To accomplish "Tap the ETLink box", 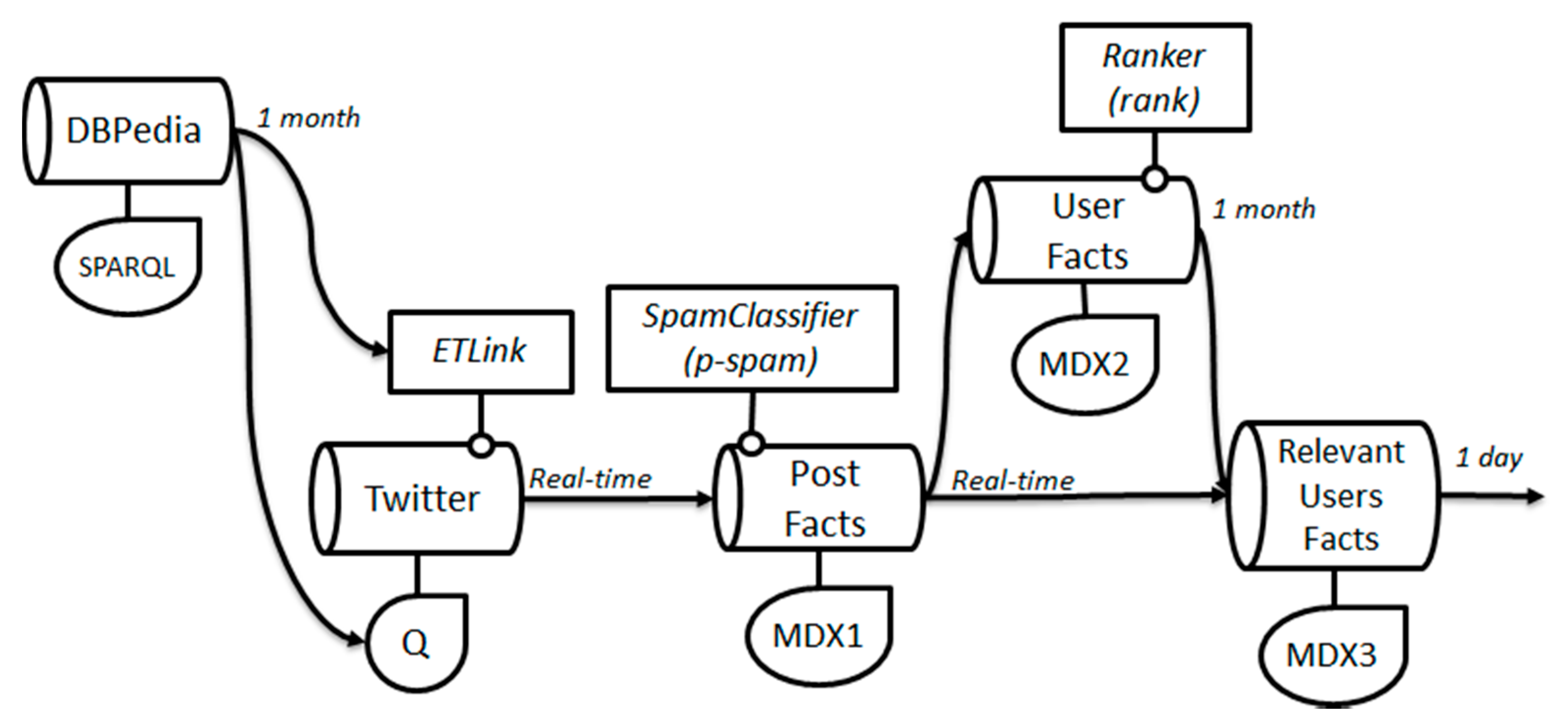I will (480, 352).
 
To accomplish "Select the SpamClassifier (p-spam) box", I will (752, 339).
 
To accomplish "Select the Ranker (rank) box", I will (1155, 77).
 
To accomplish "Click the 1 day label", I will (1489, 458).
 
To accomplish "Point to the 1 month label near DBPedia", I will (309, 118).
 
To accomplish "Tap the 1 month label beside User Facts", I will (1264, 210).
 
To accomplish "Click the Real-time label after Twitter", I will (590, 479).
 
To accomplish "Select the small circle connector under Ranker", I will (1155, 179).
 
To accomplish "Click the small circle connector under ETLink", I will (481, 446).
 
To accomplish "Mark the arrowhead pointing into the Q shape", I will (357, 638).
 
